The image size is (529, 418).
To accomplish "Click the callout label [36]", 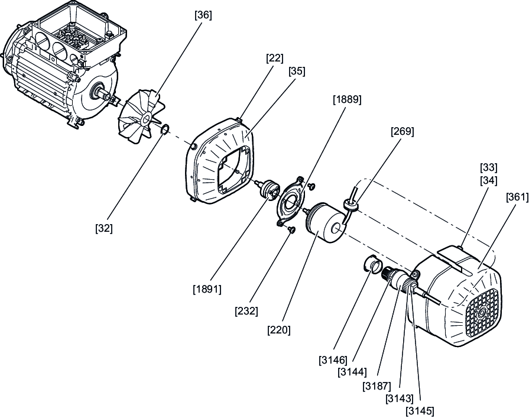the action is pos(203,15).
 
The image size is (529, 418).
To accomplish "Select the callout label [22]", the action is pos(274,58).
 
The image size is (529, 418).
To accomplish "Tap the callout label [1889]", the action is pos(347,99).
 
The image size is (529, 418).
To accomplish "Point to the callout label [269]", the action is pos(402,131).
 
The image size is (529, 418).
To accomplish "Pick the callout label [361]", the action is pos(517,197).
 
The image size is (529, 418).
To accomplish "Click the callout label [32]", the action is pos(104,228).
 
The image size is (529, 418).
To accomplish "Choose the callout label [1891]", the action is pos(207,289).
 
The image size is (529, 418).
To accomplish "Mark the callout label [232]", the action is pos(246,311).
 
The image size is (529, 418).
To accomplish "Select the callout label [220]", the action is pos(278,330).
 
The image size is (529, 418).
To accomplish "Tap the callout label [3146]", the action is pos(333,360).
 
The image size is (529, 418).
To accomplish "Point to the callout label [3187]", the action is pos(377,385).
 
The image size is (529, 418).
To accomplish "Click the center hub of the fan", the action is pos(146,118).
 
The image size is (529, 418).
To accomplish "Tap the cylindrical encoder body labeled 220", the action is pos(324,222).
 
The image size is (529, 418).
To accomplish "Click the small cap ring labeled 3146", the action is pos(372,264).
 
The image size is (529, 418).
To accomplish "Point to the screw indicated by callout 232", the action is pos(291,230).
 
